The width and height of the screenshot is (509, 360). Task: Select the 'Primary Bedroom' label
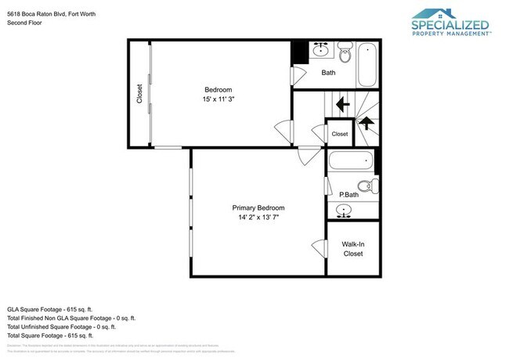pos(258,208)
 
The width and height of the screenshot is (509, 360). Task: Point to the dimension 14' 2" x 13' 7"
pos(258,219)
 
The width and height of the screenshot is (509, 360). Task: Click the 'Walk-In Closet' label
pos(353,249)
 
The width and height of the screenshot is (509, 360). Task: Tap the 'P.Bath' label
pos(348,194)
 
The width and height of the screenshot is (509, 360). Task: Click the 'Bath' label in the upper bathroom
pos(329,73)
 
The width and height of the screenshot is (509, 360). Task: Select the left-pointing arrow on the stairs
pos(341,103)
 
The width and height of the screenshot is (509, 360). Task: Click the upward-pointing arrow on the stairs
pos(366,123)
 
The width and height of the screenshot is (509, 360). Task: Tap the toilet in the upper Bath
pos(345,53)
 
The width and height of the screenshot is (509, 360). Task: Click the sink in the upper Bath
pos(320,51)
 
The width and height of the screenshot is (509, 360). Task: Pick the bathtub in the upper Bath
pos(369,65)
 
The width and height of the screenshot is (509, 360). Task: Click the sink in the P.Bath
pos(345,210)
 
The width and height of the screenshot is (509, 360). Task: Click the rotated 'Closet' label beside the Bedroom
pos(140,95)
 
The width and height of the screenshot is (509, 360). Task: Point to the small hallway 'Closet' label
pos(340,134)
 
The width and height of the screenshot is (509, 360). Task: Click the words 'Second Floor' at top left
pos(24,23)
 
